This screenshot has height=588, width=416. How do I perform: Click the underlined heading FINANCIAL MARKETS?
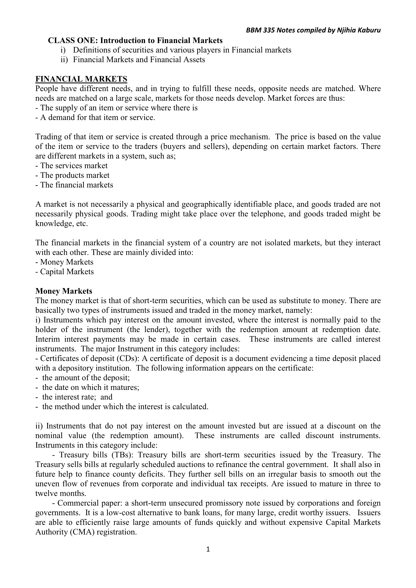(81, 79)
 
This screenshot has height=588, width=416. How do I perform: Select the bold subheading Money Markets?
(64, 291)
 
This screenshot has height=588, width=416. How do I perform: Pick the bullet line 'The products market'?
(72, 175)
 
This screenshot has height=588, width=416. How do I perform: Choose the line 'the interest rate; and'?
(74, 397)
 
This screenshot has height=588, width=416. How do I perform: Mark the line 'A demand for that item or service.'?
(95, 117)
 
